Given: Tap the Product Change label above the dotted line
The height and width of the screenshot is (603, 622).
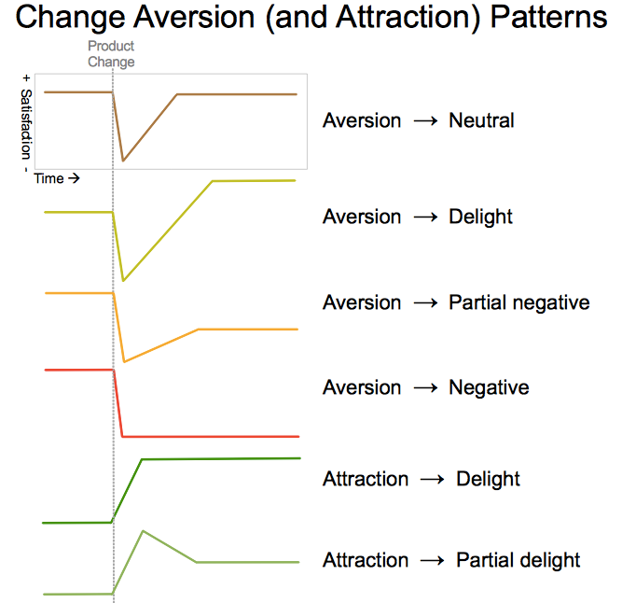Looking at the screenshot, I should tap(111, 54).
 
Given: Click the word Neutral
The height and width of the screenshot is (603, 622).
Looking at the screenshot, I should tap(481, 120).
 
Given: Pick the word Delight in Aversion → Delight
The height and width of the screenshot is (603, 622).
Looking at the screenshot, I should tap(480, 217).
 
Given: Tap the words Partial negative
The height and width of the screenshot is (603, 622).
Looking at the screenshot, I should tap(518, 302).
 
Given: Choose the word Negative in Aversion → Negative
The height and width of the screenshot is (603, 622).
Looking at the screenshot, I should tap(489, 387).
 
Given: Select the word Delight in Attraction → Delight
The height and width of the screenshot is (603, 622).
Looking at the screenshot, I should tap(488, 479).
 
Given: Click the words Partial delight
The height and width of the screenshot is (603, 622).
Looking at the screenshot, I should tap(518, 560).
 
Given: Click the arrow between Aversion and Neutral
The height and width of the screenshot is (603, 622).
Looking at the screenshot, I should tap(424, 121).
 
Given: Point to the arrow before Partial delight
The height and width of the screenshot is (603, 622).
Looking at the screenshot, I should tap(432, 561).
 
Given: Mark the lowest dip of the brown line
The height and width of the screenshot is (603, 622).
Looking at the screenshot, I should tap(123, 161).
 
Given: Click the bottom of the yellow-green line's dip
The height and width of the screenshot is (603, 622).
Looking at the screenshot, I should tap(123, 280).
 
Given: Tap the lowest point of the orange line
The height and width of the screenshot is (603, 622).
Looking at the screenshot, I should tap(124, 361).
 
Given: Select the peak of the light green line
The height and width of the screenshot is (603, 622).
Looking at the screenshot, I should tap(143, 531).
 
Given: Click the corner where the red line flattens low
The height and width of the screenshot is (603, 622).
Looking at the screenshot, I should tap(124, 436).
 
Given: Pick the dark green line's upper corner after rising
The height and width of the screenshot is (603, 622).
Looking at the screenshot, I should tap(142, 459).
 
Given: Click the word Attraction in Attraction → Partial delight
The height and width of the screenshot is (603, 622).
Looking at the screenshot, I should tap(366, 560).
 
